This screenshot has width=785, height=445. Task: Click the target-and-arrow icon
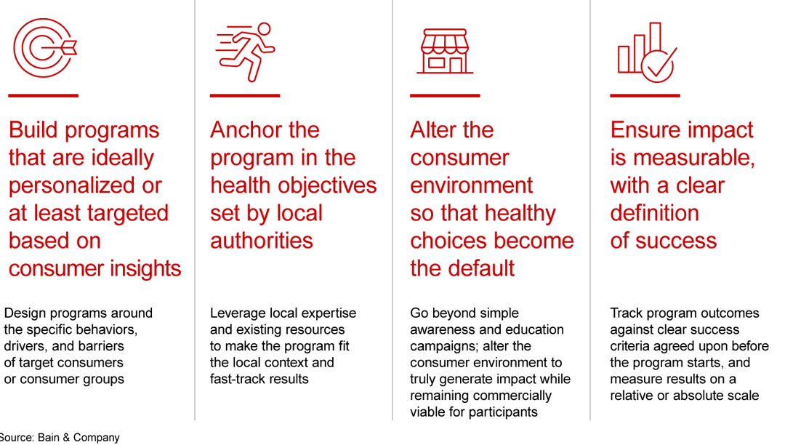44,49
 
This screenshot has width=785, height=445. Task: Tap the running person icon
245,51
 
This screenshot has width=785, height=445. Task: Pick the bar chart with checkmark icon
647,51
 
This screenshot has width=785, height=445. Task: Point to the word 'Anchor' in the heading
247,130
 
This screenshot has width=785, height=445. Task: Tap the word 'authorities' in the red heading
262,241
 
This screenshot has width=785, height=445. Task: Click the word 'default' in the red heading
479,268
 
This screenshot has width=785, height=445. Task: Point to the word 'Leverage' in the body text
236,313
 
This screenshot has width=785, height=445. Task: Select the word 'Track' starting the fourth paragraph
626,313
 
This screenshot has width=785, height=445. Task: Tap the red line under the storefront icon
445,95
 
